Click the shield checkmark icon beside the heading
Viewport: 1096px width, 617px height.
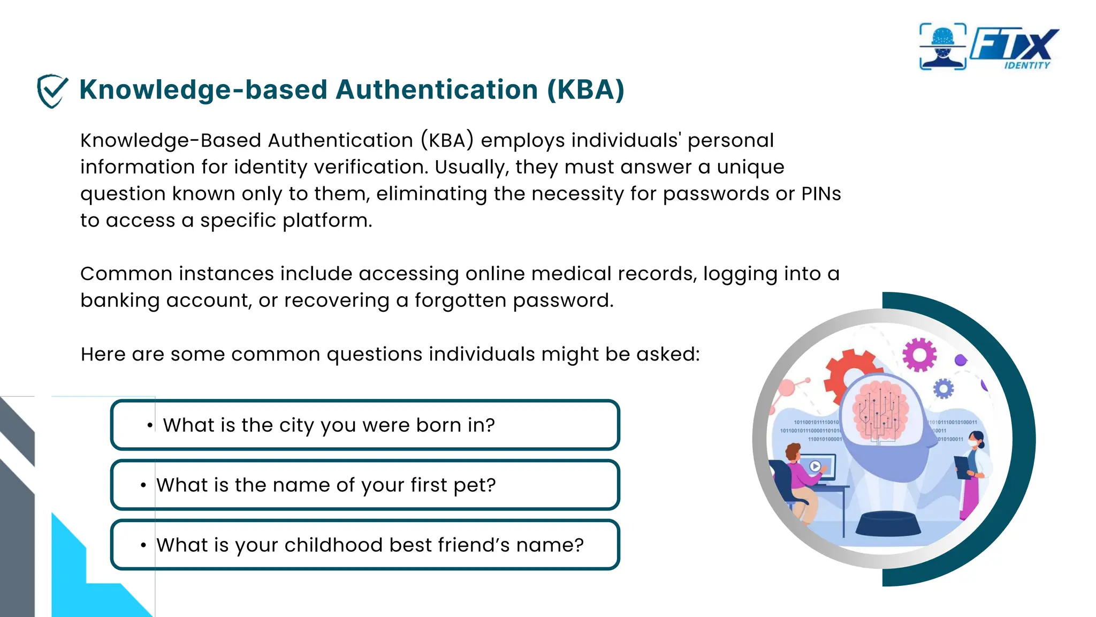click(x=52, y=91)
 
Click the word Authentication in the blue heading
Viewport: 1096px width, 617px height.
click(x=436, y=89)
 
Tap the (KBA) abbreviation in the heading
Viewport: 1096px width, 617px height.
click(x=585, y=89)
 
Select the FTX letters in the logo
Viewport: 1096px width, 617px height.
click(x=1014, y=44)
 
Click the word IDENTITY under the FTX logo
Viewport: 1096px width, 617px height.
click(x=1026, y=65)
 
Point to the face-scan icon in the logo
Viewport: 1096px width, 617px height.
click(x=942, y=47)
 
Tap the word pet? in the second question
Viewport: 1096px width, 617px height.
click(x=474, y=485)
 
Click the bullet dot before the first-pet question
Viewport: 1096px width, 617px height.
click(x=143, y=486)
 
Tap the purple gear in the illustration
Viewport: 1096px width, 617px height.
click(x=919, y=355)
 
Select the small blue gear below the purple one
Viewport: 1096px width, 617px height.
click(x=943, y=389)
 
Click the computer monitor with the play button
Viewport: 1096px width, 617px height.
click(x=816, y=467)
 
